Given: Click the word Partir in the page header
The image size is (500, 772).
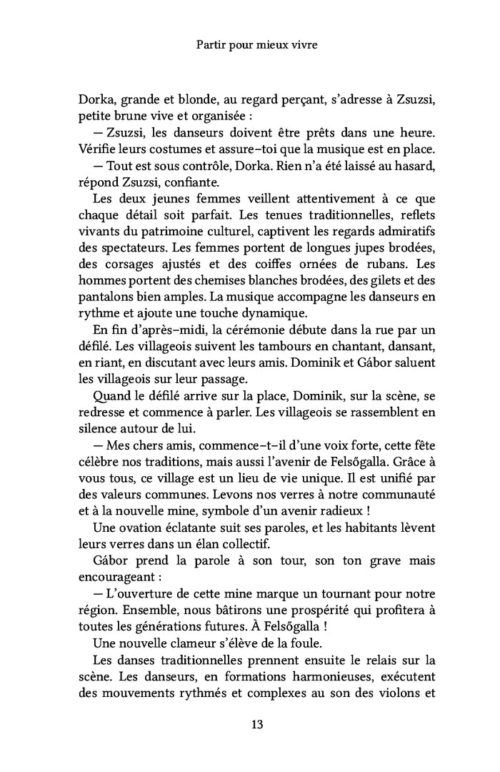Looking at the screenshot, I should click(x=210, y=44).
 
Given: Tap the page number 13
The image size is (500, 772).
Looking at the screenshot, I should click(x=258, y=724).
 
